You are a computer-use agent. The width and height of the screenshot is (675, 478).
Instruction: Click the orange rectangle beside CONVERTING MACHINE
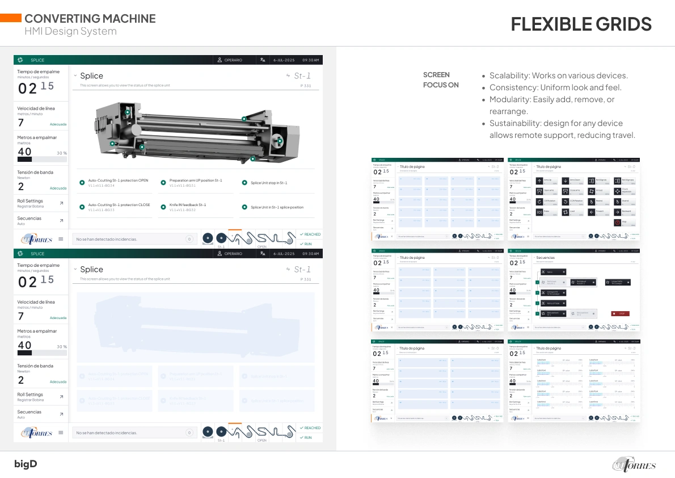tap(11, 18)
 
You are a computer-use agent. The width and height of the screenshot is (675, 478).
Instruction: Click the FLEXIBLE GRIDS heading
tap(581, 24)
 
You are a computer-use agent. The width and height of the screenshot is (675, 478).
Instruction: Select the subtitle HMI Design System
tap(70, 31)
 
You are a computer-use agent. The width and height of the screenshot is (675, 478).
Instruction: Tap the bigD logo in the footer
tap(26, 464)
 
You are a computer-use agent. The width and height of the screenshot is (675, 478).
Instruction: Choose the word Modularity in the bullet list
tap(508, 99)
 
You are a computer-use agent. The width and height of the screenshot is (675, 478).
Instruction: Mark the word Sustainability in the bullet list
tap(513, 123)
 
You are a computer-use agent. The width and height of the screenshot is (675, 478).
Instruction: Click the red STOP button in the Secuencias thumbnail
tap(620, 313)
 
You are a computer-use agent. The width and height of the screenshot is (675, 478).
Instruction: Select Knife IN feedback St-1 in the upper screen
tap(187, 205)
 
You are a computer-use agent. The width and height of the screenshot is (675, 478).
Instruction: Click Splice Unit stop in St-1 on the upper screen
tap(269, 183)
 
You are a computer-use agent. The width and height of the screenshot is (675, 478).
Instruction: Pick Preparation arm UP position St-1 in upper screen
tap(195, 181)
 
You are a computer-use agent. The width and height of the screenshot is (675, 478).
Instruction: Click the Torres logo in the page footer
tap(634, 464)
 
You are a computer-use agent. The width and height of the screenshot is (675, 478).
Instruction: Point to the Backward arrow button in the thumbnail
tap(625, 212)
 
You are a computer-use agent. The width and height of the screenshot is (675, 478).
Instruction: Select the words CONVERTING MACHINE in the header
tap(90, 19)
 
